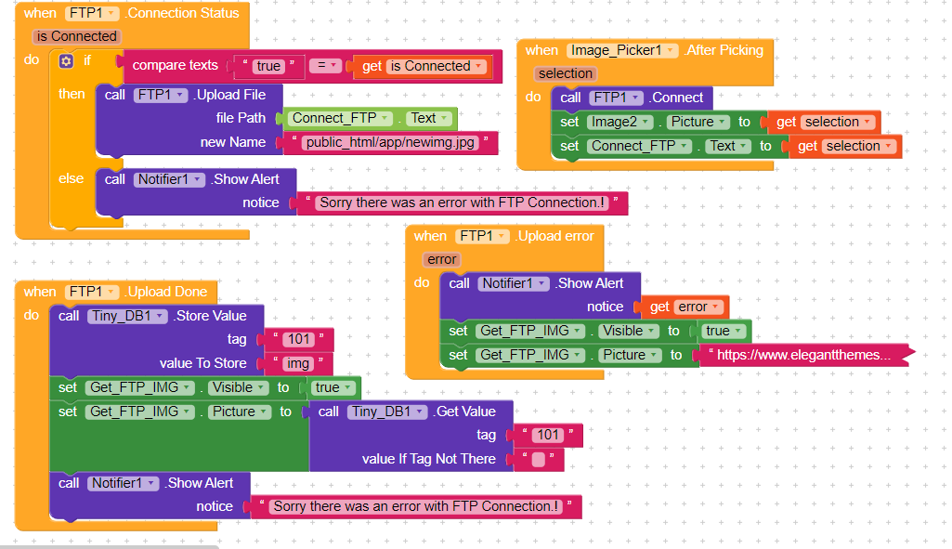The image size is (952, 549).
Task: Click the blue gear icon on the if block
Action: [66, 60]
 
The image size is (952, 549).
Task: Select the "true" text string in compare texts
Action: [268, 66]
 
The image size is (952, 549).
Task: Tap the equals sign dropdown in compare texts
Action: [325, 65]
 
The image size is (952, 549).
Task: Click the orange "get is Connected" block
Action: [424, 66]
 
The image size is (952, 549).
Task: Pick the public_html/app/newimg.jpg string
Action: [390, 143]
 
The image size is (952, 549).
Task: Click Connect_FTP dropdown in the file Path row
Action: [339, 118]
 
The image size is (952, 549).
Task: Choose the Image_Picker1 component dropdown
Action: [621, 50]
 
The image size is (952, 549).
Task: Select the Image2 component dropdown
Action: [619, 122]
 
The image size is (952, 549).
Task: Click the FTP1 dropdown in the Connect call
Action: [616, 98]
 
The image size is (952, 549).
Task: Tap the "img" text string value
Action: [297, 363]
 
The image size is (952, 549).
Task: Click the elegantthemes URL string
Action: [803, 355]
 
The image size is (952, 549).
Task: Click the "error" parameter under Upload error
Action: [441, 260]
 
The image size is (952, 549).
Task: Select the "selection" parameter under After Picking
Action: [566, 73]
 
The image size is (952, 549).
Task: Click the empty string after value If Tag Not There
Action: [538, 460]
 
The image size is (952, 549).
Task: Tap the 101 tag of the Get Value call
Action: [548, 435]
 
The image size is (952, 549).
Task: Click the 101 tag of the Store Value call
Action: [299, 339]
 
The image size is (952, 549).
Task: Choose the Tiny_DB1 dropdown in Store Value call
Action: [127, 316]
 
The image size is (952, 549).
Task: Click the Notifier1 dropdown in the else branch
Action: [169, 180]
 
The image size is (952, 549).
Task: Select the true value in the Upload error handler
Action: [723, 331]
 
